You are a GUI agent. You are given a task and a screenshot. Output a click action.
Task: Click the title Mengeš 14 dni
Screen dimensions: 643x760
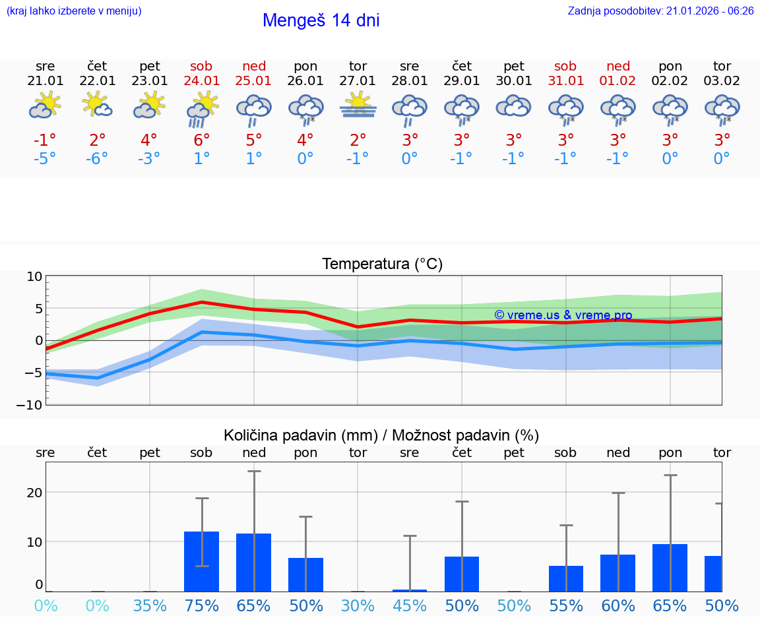tap(321, 20)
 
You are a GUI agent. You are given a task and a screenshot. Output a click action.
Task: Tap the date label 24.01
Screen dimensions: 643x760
tap(202, 81)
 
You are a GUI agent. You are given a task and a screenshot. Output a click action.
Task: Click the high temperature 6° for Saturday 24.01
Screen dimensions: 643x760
tap(202, 140)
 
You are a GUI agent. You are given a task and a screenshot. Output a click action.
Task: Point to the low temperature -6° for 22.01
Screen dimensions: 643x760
tap(97, 159)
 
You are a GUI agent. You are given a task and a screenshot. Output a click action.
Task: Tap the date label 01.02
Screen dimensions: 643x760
tap(618, 81)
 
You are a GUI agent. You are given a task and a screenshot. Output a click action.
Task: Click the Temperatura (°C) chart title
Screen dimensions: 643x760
tap(382, 264)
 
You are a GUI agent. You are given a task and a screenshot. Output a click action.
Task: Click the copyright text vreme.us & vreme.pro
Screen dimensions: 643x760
tap(563, 315)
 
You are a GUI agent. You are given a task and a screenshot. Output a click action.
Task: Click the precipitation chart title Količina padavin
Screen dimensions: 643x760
tap(381, 435)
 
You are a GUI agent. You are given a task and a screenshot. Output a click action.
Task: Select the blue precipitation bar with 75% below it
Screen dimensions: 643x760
tap(202, 561)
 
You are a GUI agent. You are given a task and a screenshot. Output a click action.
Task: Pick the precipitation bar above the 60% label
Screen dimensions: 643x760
tap(618, 573)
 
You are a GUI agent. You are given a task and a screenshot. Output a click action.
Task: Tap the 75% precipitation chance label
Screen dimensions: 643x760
tap(202, 605)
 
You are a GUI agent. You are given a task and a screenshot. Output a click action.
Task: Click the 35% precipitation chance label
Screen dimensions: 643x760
tap(150, 605)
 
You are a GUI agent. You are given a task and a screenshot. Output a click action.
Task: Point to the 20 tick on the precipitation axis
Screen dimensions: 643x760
tap(34, 493)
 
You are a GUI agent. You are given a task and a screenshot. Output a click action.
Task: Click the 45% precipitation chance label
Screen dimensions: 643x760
tap(410, 605)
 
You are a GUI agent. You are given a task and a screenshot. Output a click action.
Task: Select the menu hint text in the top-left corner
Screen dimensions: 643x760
tap(74, 11)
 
